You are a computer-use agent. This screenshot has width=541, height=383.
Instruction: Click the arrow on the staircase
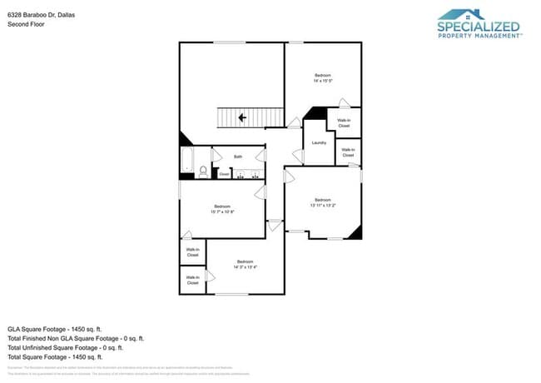pyautogui.click(x=242, y=118)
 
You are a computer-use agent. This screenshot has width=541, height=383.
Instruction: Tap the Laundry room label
pyautogui.click(x=319, y=142)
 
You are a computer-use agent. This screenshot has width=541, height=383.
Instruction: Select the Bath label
pyautogui.click(x=238, y=156)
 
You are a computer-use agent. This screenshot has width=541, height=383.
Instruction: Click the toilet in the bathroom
pyautogui.click(x=202, y=172)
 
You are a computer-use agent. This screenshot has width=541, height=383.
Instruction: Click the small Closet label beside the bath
pyautogui.click(x=224, y=174)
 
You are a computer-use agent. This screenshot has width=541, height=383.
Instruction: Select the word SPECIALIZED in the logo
pyautogui.click(x=479, y=27)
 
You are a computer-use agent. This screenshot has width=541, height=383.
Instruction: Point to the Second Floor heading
pyautogui.click(x=26, y=25)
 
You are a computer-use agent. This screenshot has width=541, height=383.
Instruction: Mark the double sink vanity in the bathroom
pyautogui.click(x=246, y=174)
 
